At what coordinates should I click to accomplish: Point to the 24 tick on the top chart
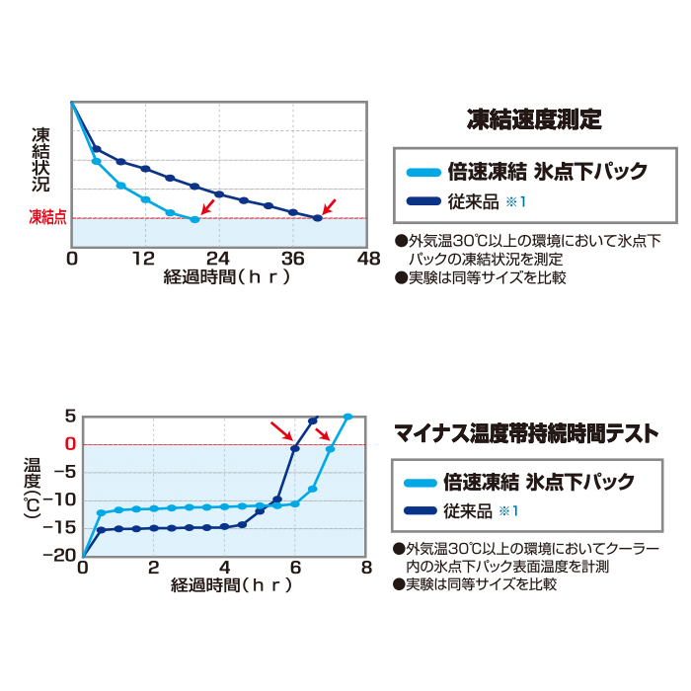pyautogui.click(x=218, y=259)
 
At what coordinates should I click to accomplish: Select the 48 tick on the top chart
pyautogui.click(x=367, y=259)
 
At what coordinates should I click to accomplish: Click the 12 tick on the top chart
pyautogui.click(x=145, y=259)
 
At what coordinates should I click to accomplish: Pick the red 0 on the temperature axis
pyautogui.click(x=69, y=444)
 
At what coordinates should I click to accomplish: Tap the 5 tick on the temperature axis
pyautogui.click(x=69, y=417)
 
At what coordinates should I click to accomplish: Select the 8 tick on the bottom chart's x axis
pyautogui.click(x=366, y=568)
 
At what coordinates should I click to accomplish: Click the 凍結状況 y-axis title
pyautogui.click(x=40, y=161)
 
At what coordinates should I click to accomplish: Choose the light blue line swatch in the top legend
pyautogui.click(x=423, y=172)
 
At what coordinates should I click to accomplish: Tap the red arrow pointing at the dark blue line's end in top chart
pyautogui.click(x=330, y=205)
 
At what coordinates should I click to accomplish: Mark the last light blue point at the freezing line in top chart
pyautogui.click(x=194, y=219)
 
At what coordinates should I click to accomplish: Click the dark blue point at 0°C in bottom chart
pyautogui.click(x=295, y=449)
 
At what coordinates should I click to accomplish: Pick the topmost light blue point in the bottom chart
pyautogui.click(x=347, y=417)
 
